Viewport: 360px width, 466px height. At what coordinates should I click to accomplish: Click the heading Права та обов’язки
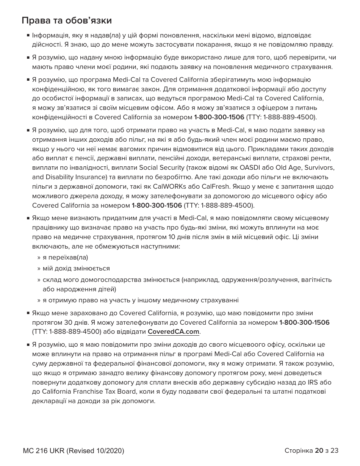[67, 20]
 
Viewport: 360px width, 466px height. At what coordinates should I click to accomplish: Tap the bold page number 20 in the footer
[319, 450]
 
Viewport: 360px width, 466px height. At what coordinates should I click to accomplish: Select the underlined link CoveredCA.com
[173, 332]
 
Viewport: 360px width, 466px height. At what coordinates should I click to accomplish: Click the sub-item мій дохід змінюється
[76, 269]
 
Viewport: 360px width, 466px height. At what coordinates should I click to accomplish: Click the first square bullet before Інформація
[28, 36]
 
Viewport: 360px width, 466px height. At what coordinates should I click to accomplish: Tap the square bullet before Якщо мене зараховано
[28, 313]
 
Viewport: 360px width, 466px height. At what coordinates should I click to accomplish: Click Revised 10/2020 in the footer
[95, 451]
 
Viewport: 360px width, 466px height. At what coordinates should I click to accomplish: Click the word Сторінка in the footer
[298, 450]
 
